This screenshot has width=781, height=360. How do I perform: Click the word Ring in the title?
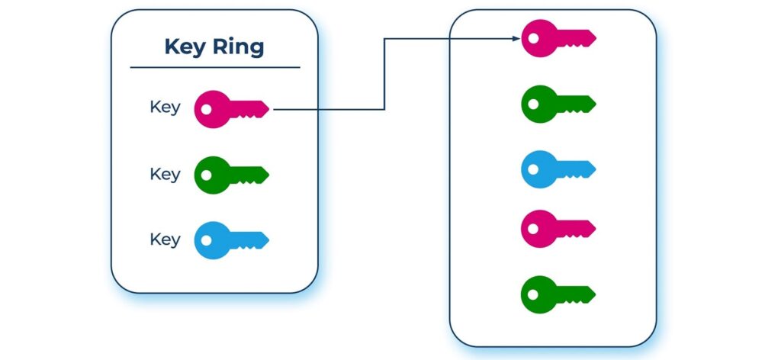[x=238, y=48]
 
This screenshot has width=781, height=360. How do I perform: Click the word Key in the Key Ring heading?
[x=185, y=48]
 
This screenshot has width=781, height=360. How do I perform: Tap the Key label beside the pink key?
[x=165, y=108]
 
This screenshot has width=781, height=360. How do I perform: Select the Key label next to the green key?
[x=165, y=174]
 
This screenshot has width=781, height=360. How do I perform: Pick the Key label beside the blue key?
[x=165, y=239]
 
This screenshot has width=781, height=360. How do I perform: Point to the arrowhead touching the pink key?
[x=517, y=38]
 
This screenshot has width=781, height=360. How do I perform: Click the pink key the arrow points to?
[x=558, y=38]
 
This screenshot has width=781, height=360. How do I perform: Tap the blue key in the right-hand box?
[x=558, y=169]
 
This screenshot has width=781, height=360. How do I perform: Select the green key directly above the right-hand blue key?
[x=558, y=104]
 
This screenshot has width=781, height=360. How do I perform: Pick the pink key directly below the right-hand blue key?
[x=558, y=229]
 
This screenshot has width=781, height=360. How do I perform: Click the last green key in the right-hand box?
[x=558, y=294]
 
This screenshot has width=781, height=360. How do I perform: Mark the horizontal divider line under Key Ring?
[x=215, y=67]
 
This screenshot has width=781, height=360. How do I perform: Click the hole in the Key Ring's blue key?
[x=206, y=240]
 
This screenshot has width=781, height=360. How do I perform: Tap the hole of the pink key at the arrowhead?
[x=533, y=38]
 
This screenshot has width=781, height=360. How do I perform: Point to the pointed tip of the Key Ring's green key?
[x=268, y=175]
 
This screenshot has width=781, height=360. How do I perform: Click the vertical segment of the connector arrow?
[x=384, y=74]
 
